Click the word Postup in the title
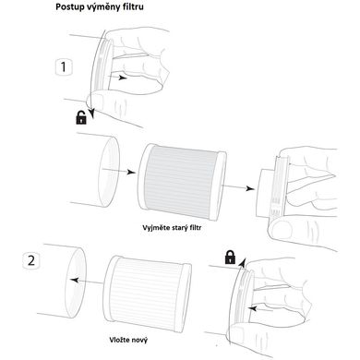(69, 7)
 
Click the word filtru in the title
(133, 6)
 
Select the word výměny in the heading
(102, 7)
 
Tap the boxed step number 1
(64, 67)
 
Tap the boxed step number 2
(31, 260)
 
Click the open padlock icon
(81, 117)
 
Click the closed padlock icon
(230, 257)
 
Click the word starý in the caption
(179, 228)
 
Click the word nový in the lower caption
(140, 340)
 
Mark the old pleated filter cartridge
(183, 182)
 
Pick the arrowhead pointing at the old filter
(131, 172)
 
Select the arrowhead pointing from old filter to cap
(250, 188)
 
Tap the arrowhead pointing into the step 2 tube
(74, 280)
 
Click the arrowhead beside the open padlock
(91, 114)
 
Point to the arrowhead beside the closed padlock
(243, 262)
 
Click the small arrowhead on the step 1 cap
(123, 78)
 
